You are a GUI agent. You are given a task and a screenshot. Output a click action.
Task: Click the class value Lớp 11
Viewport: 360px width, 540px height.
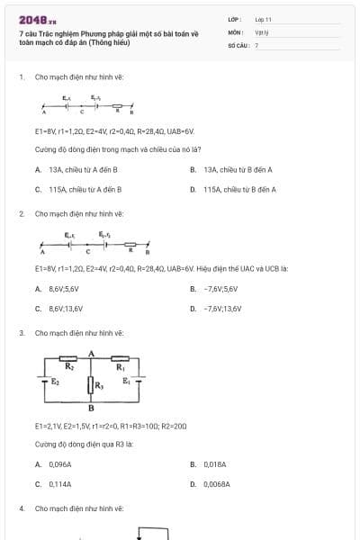tap(263, 18)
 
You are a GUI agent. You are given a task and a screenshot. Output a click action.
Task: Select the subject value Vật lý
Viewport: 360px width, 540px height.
tap(261, 31)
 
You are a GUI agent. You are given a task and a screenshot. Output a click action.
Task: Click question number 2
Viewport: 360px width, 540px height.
tap(21, 213)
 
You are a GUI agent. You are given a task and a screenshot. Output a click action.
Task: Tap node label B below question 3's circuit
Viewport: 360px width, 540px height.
tap(91, 408)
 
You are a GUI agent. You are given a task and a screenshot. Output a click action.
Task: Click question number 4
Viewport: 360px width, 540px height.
tap(21, 508)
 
